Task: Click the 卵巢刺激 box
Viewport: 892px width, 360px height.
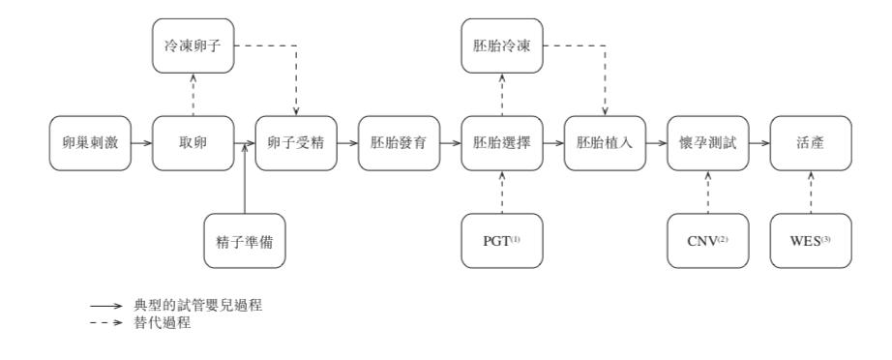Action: point(90,143)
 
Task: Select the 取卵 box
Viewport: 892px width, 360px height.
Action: point(193,143)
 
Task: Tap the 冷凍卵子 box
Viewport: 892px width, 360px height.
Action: point(193,47)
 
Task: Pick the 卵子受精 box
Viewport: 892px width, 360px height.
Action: point(295,143)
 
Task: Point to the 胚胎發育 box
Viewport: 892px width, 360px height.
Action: point(398,143)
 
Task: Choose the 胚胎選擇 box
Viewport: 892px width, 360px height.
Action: point(500,143)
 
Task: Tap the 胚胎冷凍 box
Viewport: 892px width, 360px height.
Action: point(500,47)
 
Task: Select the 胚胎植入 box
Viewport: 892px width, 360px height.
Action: point(603,143)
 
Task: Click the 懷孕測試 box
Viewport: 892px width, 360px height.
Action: point(706,143)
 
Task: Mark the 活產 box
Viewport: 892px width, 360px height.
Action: point(809,143)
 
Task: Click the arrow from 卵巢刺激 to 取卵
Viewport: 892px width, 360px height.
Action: point(141,143)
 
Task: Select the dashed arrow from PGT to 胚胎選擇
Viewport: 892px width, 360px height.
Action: point(500,192)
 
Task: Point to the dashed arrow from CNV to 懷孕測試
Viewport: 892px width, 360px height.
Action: point(706,192)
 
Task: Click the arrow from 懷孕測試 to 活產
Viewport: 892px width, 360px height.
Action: point(758,143)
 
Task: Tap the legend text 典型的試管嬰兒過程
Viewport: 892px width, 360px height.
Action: point(199,304)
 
